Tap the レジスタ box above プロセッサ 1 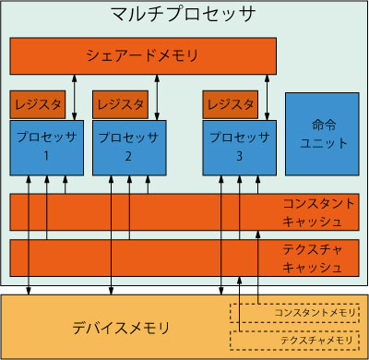point(37,104)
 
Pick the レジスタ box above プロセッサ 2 point(120,104)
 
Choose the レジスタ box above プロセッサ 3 point(231,104)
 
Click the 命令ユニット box point(321,133)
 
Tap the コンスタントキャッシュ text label point(315,212)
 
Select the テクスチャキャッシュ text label point(315,258)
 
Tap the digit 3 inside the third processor point(240,157)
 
